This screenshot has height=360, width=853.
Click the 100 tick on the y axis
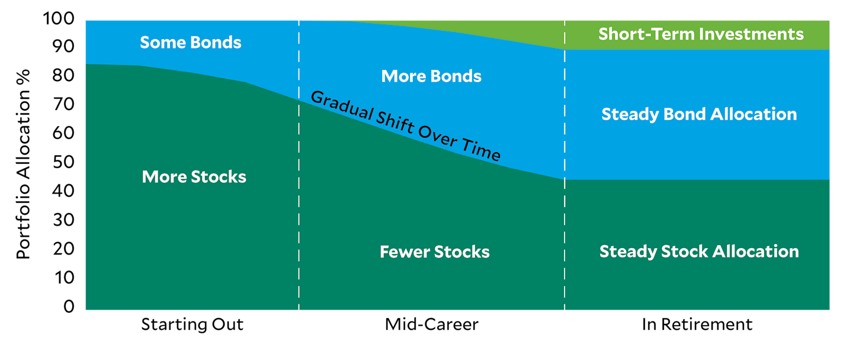(59, 18)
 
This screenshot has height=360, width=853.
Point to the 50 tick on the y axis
(63, 162)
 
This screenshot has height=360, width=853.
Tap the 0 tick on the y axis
(69, 306)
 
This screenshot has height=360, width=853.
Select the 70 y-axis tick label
(63, 104)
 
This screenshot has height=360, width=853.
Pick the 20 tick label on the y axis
(63, 249)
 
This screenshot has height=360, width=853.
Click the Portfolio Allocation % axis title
(23, 165)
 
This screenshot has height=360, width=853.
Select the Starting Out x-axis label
(193, 324)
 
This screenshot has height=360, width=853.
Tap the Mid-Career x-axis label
(431, 324)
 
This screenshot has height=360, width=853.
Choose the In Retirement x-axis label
(697, 324)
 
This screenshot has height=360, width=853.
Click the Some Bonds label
(190, 42)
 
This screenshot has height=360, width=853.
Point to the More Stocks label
(194, 177)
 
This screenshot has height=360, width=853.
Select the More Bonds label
(431, 76)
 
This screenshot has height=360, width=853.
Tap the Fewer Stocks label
(435, 252)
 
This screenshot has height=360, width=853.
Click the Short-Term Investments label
(701, 34)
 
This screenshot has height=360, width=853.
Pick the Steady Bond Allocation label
(699, 114)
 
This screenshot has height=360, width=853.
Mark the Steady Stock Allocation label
(699, 252)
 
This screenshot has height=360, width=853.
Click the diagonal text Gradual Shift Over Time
(405, 126)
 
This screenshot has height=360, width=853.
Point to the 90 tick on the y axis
(63, 47)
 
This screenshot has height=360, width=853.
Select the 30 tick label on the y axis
(63, 220)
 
